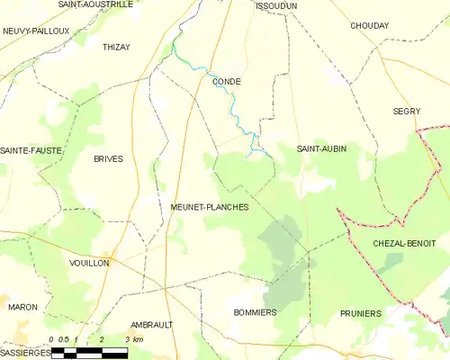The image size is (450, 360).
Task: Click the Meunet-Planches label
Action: (210, 207)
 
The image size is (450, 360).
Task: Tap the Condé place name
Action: (226, 80)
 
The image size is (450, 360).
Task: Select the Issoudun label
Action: (276, 5)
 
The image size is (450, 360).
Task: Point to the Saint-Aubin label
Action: (322, 148)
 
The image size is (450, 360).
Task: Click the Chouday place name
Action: (370, 26)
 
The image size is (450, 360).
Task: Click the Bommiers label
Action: (254, 311)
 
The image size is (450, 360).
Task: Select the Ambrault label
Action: (151, 324)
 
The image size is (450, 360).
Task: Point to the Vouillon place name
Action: (89, 263)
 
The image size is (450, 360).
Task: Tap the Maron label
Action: (22, 307)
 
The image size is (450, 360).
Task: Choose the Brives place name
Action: (108, 158)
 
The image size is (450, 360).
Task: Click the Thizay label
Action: (117, 46)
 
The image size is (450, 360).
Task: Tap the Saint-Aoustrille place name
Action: (95, 4)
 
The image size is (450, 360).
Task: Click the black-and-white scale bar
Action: (89, 352)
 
